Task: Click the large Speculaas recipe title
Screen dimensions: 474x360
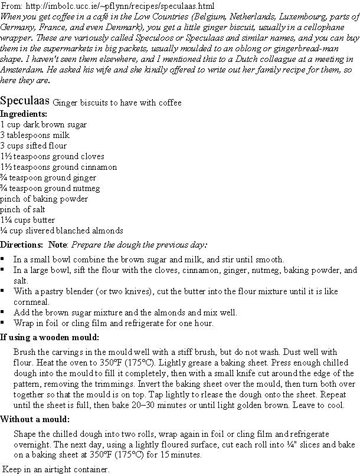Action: [x=25, y=100]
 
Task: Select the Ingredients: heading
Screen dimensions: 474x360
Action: [x=24, y=114]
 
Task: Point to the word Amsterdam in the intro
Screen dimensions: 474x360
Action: [x=20, y=70]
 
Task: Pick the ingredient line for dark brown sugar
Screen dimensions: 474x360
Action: [x=44, y=124]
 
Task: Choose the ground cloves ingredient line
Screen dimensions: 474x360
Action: [x=53, y=156]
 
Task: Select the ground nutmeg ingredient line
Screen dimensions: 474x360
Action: [x=50, y=188]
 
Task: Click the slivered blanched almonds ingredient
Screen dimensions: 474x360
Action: [x=61, y=231]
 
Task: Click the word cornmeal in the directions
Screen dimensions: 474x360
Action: [x=31, y=301]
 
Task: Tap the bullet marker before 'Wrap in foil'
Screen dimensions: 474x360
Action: [x=3, y=322]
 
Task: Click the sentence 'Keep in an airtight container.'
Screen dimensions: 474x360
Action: [x=57, y=469]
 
